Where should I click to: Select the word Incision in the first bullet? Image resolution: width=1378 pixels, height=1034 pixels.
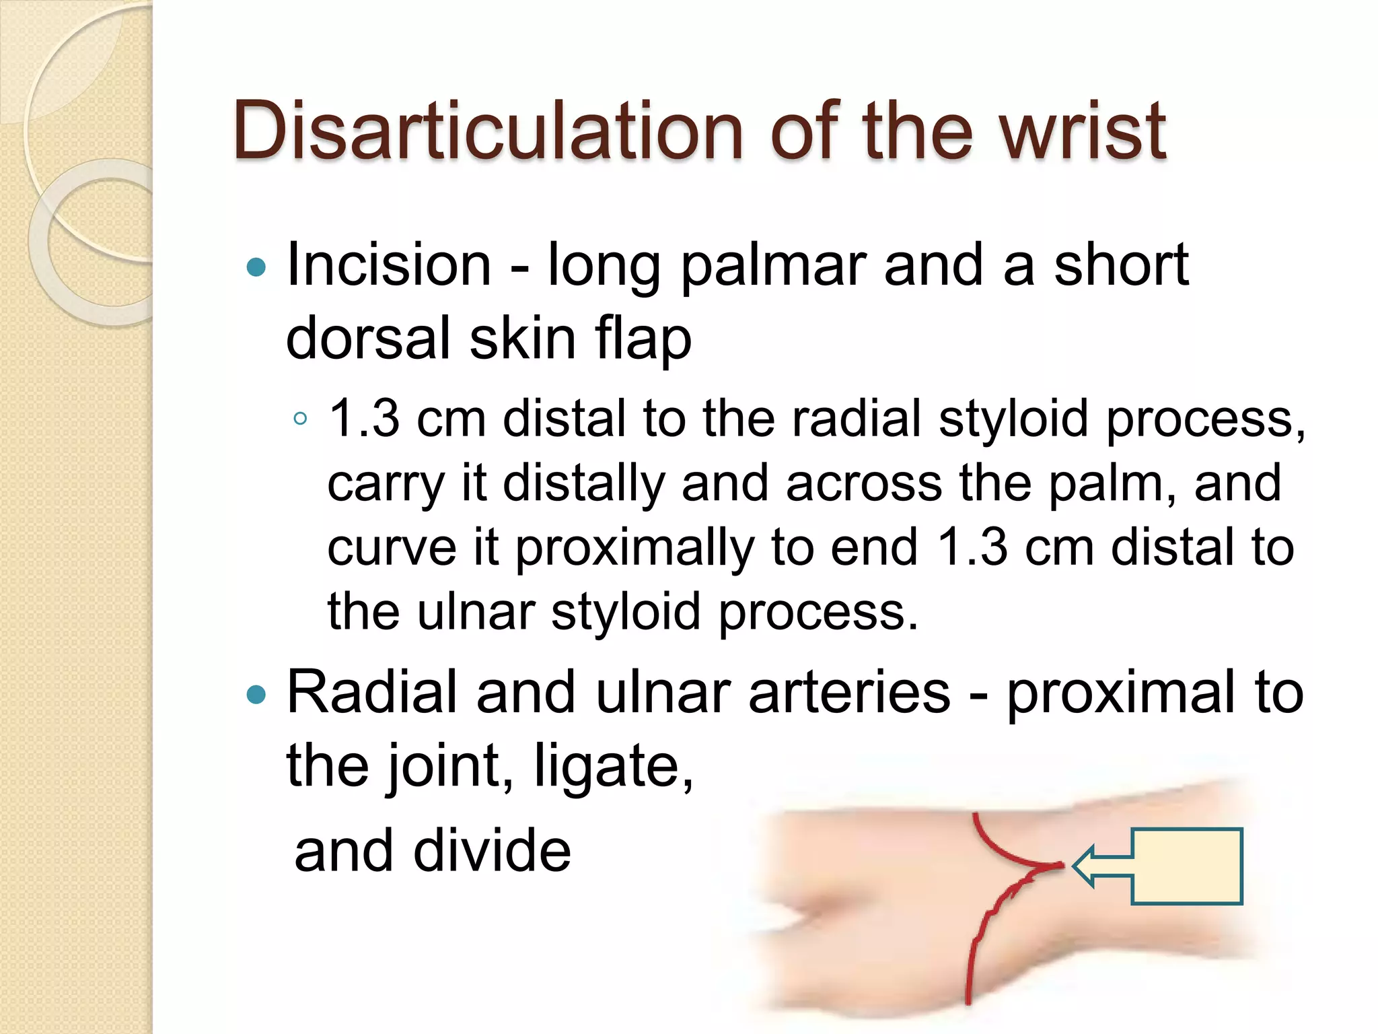389,265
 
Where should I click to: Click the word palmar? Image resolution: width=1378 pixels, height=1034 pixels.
772,267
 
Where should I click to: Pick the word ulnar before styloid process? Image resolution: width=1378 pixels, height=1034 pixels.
476,613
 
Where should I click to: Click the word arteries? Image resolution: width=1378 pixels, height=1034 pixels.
849,693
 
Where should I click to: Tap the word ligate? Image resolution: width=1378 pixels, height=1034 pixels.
612,767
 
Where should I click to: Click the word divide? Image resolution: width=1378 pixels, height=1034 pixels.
492,851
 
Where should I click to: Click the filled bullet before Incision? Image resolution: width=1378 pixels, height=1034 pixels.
256,268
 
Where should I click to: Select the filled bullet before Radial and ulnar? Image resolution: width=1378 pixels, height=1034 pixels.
256,694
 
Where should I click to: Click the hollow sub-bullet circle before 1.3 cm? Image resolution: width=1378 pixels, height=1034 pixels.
300,419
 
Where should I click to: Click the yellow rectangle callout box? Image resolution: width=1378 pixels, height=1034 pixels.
1187,866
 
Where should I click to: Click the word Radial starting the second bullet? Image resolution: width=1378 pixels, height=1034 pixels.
372,693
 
